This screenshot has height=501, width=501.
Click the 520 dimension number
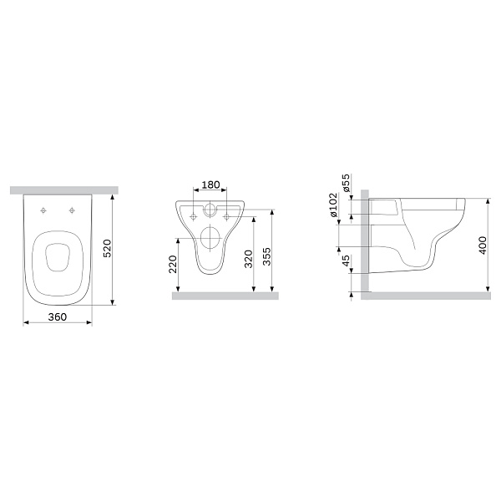(x=106, y=248)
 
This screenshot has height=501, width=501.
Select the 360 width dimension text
(x=57, y=316)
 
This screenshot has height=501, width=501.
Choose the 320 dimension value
(x=247, y=258)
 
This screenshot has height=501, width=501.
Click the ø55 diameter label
(x=346, y=182)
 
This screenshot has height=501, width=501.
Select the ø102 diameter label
(x=334, y=205)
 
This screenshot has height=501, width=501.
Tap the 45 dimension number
(x=346, y=261)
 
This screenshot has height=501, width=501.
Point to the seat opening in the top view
(x=57, y=256)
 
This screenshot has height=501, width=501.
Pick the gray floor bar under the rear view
(x=225, y=296)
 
